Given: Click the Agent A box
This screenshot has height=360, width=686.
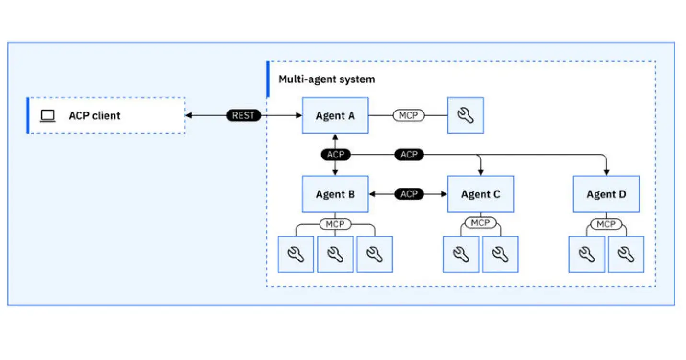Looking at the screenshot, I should tap(335, 115).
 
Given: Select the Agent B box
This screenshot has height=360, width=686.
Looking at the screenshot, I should tap(335, 194).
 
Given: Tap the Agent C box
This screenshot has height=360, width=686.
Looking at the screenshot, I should tap(480, 194).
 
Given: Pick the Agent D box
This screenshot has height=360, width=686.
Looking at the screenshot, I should tap(606, 194).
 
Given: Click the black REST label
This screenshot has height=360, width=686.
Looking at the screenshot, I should tap(243, 115).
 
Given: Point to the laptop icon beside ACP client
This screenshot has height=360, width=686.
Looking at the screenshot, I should tap(47, 115).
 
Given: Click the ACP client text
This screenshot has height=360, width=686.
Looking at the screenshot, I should tap(94, 115).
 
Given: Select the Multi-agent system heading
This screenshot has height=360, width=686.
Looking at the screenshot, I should tap(327, 79).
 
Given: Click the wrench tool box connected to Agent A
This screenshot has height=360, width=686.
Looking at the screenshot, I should tap(465, 115).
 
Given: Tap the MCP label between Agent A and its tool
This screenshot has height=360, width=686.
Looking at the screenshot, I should tap(409, 115).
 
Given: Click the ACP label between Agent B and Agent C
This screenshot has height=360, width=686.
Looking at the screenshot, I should tap(409, 194).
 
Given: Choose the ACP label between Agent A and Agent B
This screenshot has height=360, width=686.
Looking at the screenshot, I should tap(335, 155).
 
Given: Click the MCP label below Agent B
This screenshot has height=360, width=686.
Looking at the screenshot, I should tap(335, 224).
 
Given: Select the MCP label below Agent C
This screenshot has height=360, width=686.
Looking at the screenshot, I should tap(480, 223).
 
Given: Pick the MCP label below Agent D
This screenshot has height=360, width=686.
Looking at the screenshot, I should tap(606, 224).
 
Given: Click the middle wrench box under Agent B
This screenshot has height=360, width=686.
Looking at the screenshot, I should tap(335, 254).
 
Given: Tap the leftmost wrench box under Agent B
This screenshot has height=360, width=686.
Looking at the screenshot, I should tap(296, 254).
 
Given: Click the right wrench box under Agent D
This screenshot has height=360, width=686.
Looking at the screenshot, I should tap(626, 254).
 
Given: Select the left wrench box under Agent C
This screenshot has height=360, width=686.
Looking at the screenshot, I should tap(460, 254).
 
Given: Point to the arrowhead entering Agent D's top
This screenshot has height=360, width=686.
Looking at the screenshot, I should tap(606, 172).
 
